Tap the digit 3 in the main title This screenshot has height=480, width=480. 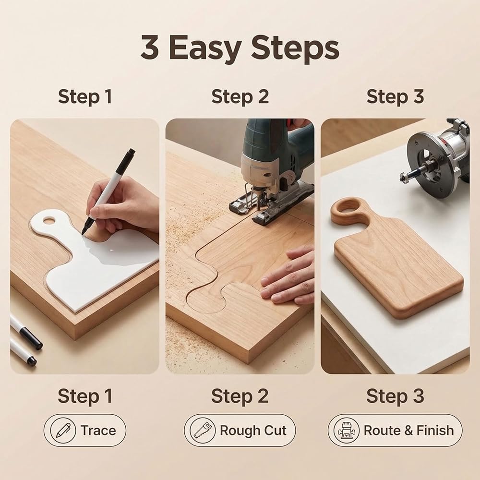pyautogui.click(x=150, y=47)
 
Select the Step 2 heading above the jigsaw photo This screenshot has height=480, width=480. pyautogui.click(x=240, y=96)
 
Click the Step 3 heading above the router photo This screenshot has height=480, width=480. pyautogui.click(x=395, y=96)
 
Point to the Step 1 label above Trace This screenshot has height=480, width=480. pyautogui.click(x=85, y=396)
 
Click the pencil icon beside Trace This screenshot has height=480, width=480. pyautogui.click(x=63, y=430)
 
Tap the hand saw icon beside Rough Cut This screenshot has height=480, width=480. pyautogui.click(x=203, y=430)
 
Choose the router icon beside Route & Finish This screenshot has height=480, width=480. pyautogui.click(x=346, y=430)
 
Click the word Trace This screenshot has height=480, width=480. pyautogui.click(x=98, y=431)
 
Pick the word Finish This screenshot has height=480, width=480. pyautogui.click(x=435, y=431)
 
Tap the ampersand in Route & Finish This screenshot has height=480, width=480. pyautogui.click(x=408, y=431)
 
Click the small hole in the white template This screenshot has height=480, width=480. pyautogui.click(x=48, y=220)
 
